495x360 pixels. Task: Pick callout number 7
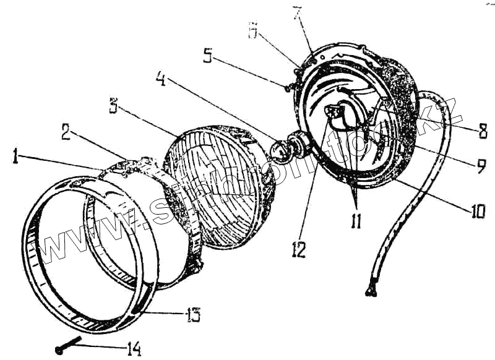point(297,14)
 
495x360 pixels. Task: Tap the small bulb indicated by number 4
point(280,149)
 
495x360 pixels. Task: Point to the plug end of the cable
point(373,286)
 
